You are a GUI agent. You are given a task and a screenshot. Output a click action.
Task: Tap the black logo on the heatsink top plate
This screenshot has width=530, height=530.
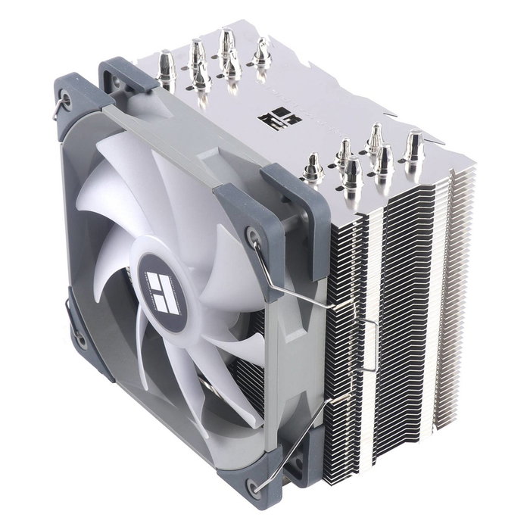(x=270, y=120)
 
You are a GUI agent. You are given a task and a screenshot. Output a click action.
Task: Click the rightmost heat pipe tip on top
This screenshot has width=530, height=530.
(x=413, y=144)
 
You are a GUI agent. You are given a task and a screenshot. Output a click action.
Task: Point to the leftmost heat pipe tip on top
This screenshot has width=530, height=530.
(x=167, y=67)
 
